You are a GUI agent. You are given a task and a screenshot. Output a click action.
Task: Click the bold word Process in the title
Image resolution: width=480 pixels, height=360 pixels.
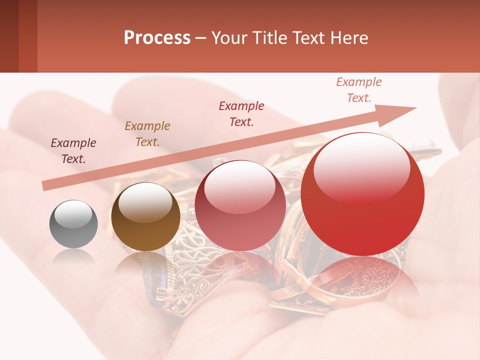[x=157, y=37]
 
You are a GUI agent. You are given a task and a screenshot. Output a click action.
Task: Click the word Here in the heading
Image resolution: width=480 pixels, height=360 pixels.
[x=349, y=37]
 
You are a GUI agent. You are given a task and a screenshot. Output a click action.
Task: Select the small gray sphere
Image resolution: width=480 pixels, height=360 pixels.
[x=73, y=224]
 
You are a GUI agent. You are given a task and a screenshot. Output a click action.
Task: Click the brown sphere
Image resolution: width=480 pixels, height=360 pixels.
[x=145, y=217]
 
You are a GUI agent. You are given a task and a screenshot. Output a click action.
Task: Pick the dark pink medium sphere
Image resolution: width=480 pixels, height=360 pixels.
[x=240, y=205]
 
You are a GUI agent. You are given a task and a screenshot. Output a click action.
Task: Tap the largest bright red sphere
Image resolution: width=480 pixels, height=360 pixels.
[x=362, y=194]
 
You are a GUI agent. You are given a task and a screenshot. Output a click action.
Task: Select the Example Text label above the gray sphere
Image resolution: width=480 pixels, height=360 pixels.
[x=73, y=151]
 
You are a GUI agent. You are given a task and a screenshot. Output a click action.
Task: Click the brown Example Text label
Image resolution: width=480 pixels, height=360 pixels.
[x=147, y=134]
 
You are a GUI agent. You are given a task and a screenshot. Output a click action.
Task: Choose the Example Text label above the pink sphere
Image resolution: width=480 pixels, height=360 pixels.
[x=241, y=114]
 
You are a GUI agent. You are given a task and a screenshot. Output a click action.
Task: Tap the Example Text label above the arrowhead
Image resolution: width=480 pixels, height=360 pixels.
[x=358, y=90]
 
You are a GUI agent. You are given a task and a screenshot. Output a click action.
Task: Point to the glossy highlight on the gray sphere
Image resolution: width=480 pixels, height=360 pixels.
[x=73, y=214]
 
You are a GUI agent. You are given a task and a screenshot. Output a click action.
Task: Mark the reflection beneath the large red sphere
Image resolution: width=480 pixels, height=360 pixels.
[x=362, y=280]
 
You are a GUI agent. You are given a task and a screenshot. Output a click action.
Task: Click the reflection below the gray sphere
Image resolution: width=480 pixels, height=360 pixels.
[x=73, y=256]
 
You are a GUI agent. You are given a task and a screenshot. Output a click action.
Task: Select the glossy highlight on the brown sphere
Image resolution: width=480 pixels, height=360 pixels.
[x=145, y=202]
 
